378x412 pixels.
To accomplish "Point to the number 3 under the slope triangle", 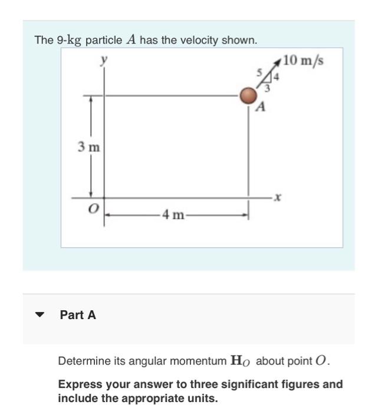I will [x=267, y=88].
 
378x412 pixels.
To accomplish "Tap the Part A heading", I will [x=78, y=315].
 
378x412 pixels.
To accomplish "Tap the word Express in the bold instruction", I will [x=77, y=384].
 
